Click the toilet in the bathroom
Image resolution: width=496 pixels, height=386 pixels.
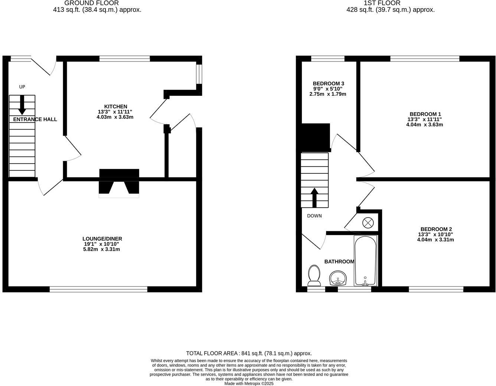pos(314,275)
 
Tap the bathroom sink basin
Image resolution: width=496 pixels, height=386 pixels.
pos(338,278)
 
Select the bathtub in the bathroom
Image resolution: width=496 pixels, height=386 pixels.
pos(365,261)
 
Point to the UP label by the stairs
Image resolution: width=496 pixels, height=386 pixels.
pos(22,87)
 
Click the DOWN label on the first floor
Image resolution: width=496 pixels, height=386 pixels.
pos(314,216)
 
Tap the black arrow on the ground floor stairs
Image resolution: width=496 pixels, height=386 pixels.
pos(22,105)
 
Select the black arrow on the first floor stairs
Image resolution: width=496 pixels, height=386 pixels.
pos(314,197)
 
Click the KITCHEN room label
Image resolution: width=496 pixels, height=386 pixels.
pos(115,107)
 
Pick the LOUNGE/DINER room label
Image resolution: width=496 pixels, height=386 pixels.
pos(102,239)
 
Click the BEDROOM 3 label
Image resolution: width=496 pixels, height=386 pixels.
pos(328,84)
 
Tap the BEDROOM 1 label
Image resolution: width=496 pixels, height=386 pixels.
pos(425,114)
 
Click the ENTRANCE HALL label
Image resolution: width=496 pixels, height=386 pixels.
pos(35,120)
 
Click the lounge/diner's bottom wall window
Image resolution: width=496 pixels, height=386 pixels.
pos(98,289)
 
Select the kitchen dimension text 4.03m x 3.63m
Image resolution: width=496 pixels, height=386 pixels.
pos(115,117)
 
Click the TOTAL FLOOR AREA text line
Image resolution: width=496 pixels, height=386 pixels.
pos(249,353)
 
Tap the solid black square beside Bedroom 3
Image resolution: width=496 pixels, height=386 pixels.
pos(315,137)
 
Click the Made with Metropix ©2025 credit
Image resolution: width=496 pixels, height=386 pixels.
pos(249,384)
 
